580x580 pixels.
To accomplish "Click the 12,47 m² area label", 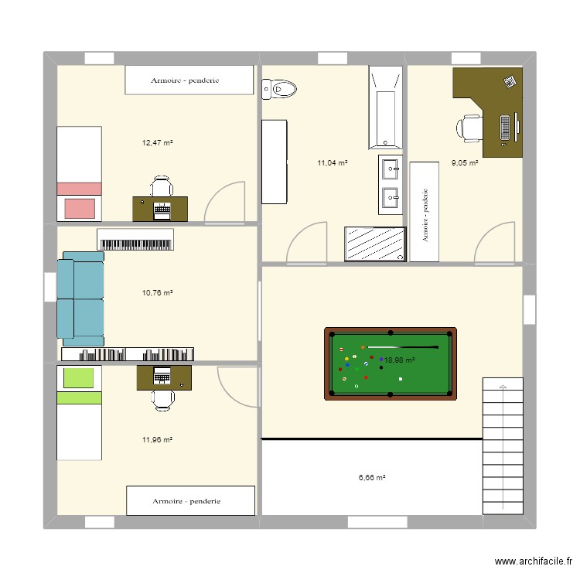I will coord(156,143).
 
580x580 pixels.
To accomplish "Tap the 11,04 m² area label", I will coord(332,163).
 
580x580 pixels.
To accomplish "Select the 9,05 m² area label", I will coord(465,163).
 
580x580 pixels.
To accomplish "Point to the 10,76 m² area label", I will coord(156,293).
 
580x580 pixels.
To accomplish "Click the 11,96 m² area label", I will coord(156,440).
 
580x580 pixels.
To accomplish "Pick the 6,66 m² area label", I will coord(371,478).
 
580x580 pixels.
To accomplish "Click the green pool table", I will coord(391,363).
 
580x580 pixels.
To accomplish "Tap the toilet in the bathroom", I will coord(279,90).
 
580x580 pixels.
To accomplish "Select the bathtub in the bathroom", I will coord(385,107).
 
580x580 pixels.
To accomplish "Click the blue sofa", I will coord(80,299).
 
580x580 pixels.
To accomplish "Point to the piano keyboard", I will coord(135,242).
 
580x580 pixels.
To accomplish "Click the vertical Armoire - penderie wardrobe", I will coord(425,213).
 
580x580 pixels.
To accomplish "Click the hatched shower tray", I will coord(375,245).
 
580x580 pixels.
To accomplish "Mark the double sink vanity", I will coord(389,184).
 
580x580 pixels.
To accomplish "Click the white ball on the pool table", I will coord(400,379).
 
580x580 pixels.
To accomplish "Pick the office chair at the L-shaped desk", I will coord(469,128).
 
